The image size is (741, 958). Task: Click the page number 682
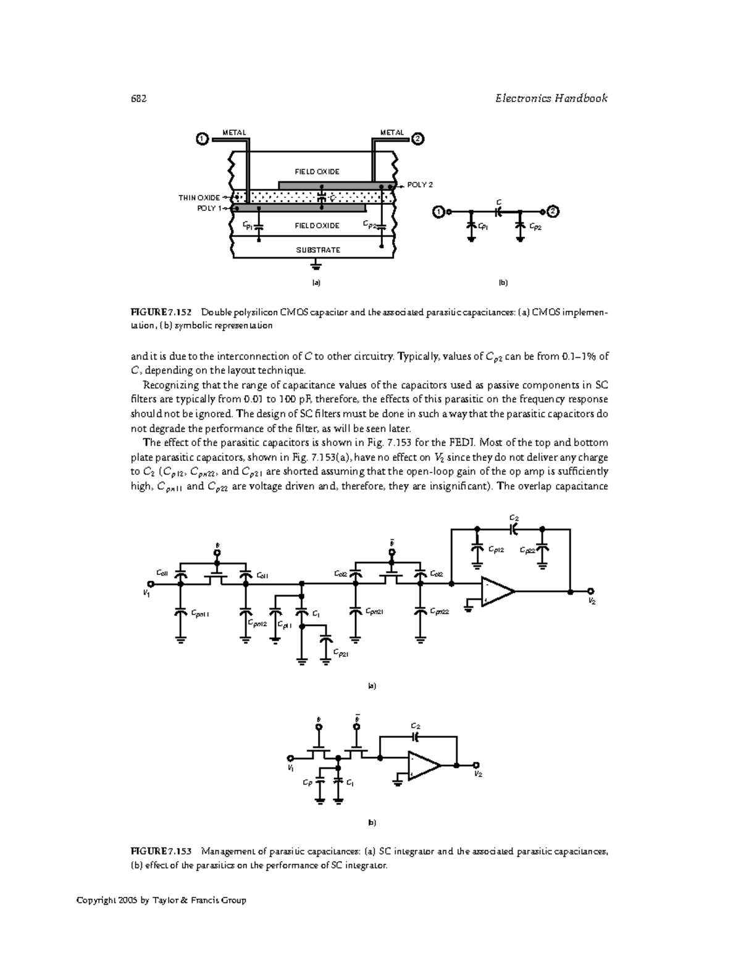point(139,99)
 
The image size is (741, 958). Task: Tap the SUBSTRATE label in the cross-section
point(317,250)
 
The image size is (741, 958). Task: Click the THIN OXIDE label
point(199,197)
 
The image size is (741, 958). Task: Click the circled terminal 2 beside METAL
point(418,139)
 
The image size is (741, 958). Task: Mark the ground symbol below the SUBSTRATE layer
point(316,265)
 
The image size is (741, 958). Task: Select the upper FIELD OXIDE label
point(317,171)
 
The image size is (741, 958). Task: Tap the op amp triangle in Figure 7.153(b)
point(424,766)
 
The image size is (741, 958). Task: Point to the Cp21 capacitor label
point(340,653)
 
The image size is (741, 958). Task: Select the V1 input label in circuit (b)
point(290,768)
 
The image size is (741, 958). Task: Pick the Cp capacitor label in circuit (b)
point(307,783)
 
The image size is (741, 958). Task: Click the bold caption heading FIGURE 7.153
point(161,852)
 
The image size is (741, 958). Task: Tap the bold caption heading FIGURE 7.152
point(161,312)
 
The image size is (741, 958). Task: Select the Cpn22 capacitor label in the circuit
point(440,611)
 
